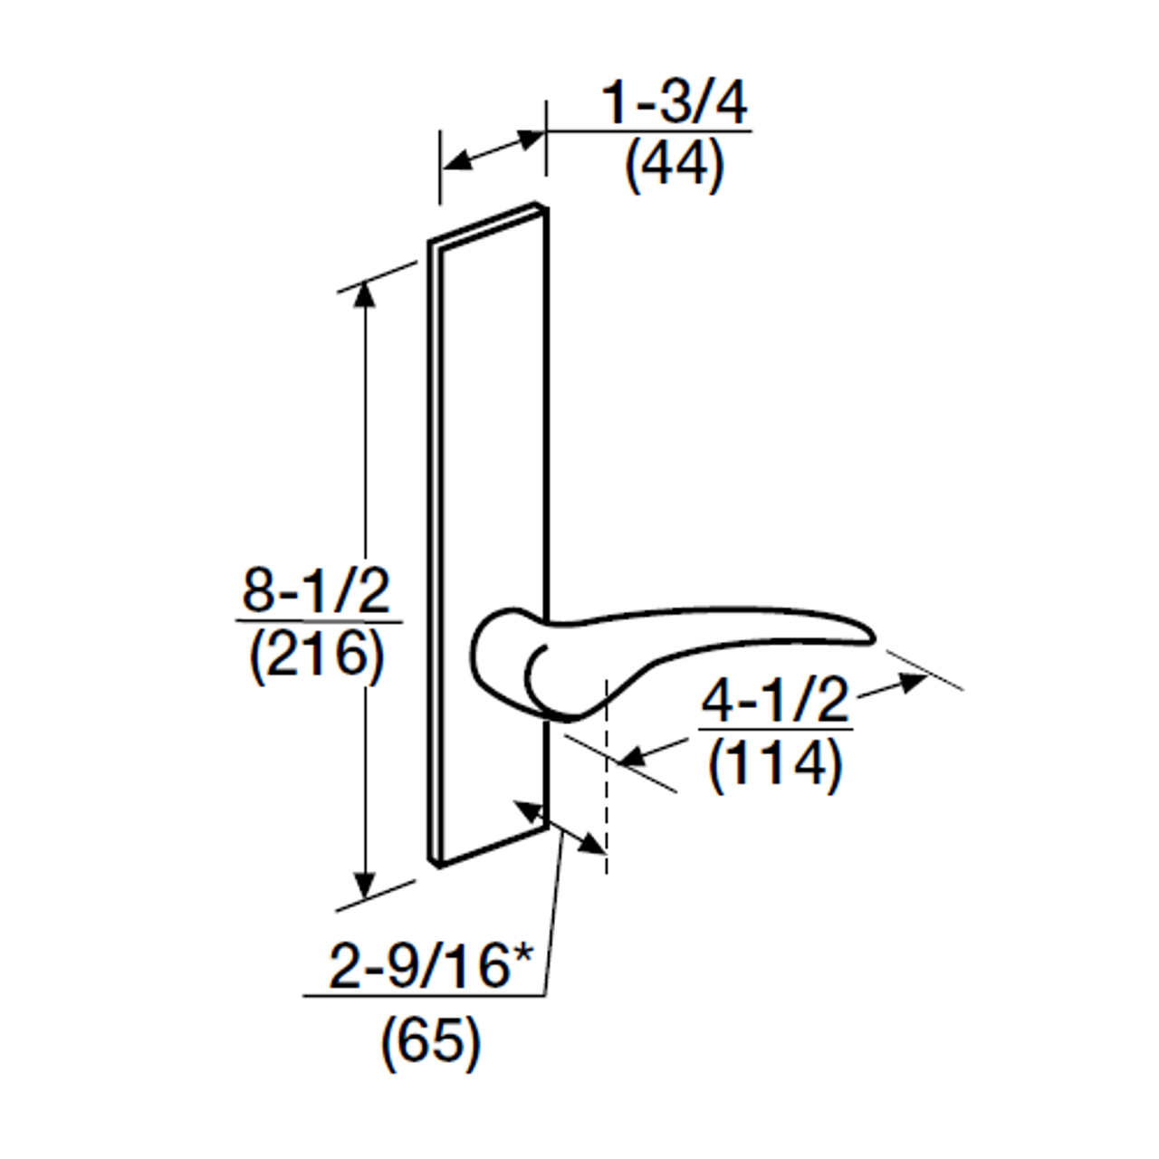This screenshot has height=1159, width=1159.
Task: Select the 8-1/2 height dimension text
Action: [316, 593]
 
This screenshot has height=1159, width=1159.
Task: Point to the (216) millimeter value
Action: [316, 656]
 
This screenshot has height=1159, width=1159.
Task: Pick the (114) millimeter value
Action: [776, 764]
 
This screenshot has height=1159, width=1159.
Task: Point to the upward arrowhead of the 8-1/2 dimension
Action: [365, 294]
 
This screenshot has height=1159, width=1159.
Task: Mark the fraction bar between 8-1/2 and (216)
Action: [317, 622]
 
